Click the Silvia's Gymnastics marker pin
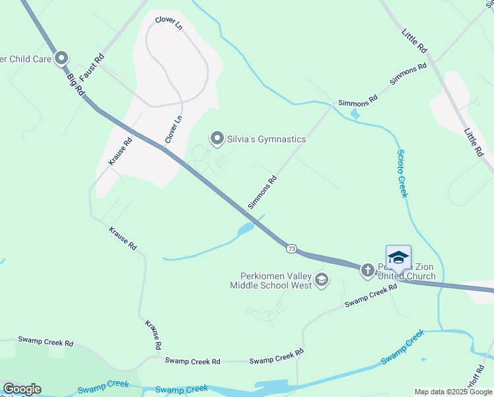click(217, 138)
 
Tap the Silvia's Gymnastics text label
click(267, 139)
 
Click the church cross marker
click(367, 270)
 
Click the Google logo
click(22, 389)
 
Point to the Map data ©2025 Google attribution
click(454, 392)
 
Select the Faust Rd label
click(98, 67)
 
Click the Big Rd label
click(75, 85)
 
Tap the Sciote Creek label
click(402, 173)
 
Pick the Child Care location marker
click(62, 59)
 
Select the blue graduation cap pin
click(398, 257)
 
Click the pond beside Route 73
click(245, 230)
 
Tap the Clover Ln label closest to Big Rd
click(173, 130)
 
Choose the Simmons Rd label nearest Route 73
click(262, 193)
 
